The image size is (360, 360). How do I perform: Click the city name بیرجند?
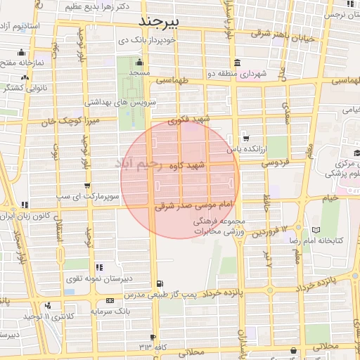(160, 20)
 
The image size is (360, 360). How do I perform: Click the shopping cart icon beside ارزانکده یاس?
(245, 137)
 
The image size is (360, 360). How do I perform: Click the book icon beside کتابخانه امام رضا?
(316, 230)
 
